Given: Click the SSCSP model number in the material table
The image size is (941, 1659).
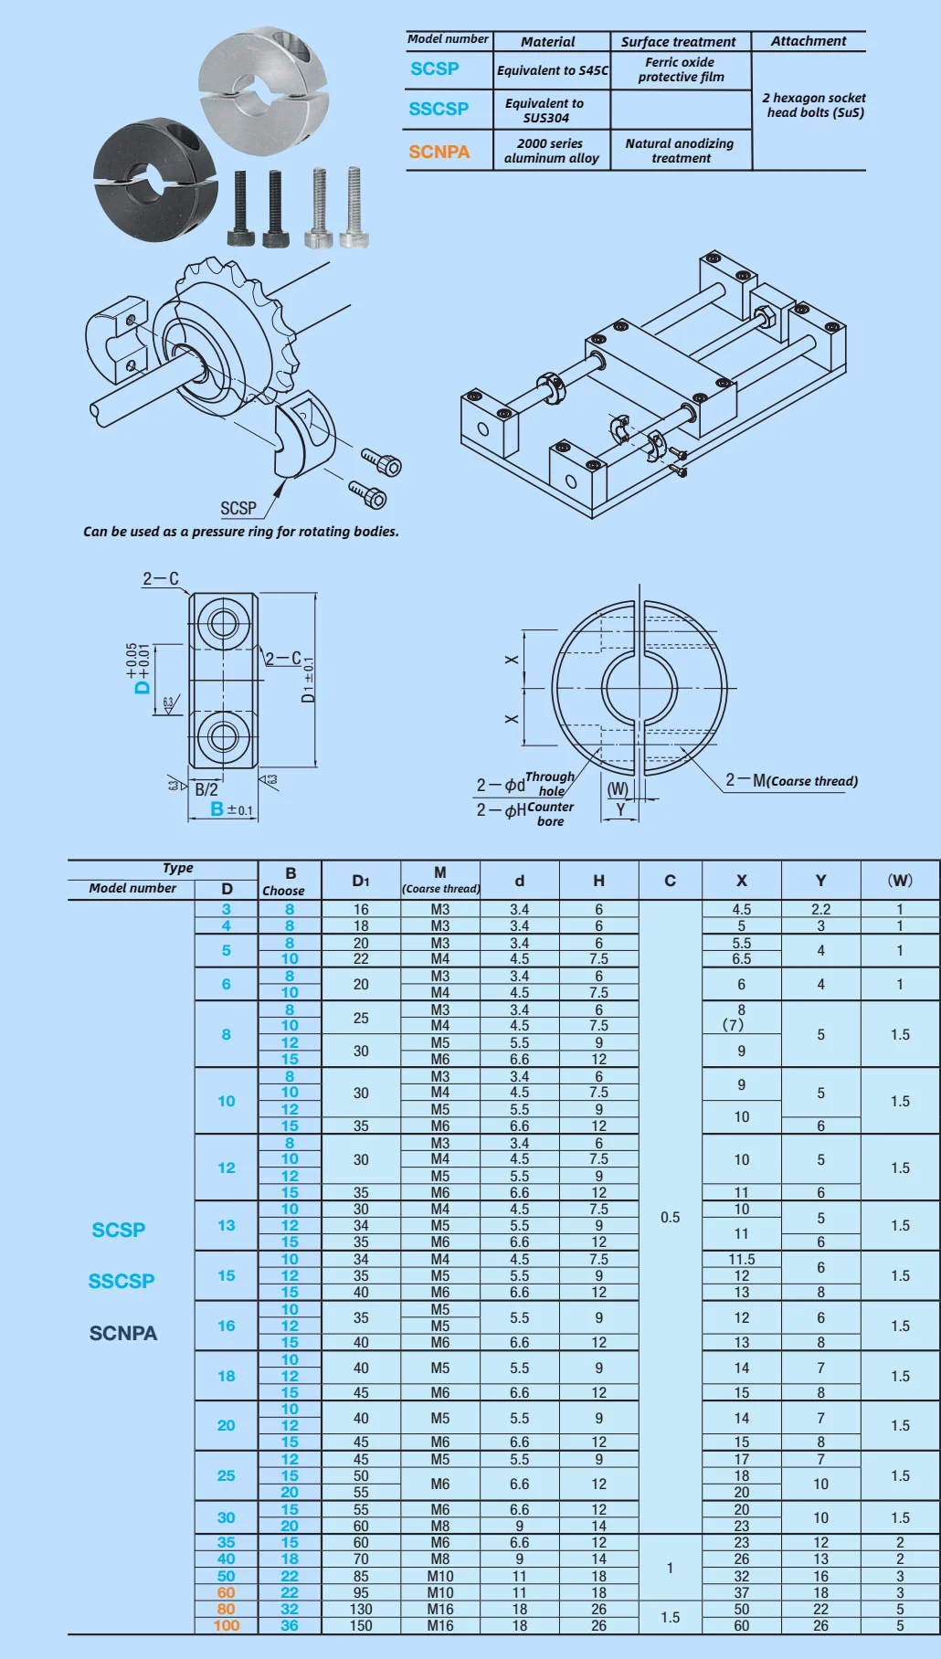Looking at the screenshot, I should (439, 109).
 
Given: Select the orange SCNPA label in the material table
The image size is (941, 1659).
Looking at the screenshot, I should (439, 152).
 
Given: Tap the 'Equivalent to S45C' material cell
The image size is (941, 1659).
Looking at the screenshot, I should (552, 70).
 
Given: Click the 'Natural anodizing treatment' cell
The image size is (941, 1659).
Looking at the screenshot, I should (680, 151).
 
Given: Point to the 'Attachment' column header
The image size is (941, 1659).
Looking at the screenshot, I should (808, 41).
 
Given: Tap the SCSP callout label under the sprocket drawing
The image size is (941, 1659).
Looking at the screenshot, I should (238, 508).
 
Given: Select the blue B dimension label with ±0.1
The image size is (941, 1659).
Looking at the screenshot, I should (230, 809).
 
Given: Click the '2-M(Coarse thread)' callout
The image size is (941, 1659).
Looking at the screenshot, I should (791, 780).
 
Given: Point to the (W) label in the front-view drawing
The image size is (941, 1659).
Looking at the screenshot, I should (618, 788).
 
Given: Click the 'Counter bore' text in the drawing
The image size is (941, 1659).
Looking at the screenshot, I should (551, 814).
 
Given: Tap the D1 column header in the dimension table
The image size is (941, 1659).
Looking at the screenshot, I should (361, 881).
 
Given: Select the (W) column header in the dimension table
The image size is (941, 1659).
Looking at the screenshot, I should (900, 881).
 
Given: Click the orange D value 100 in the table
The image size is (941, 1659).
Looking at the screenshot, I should (227, 1625).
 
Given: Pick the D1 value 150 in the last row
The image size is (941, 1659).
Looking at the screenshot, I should (361, 1625).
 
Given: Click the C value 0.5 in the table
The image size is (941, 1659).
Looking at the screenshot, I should (670, 1217).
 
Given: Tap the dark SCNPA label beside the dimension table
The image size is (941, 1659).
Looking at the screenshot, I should (123, 1333).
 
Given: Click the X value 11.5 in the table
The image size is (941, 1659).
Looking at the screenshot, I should (741, 1259).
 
